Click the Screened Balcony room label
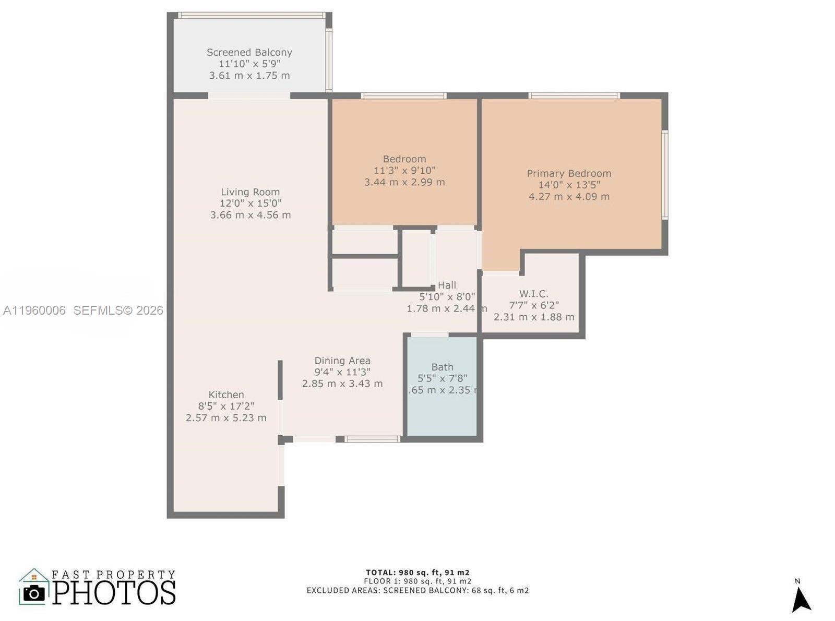249,52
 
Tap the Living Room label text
250,192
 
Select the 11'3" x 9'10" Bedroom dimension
404,171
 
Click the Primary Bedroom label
569,173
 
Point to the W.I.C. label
533,294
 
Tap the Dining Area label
342,361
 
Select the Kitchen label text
226,395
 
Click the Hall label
447,285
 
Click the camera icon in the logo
34,593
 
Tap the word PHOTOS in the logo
114,593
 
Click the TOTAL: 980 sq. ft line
417,572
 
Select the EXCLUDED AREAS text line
417,591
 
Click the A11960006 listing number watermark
34,310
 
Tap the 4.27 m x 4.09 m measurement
569,197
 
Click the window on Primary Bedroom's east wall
665,175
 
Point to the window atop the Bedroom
403,95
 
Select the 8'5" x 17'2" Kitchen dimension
226,406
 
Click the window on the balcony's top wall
251,15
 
